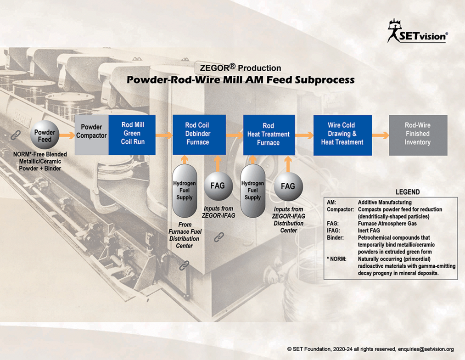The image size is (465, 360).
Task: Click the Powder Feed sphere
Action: click(x=45, y=135)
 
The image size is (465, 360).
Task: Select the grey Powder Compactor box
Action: click(x=92, y=135)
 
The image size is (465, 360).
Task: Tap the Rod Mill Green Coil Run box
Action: click(x=132, y=135)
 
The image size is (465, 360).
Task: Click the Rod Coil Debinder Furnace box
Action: click(x=199, y=135)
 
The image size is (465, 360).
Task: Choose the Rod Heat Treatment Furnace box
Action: click(x=269, y=135)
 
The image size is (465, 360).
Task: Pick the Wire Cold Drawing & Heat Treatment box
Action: click(x=342, y=135)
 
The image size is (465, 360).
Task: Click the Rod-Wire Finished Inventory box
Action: click(x=418, y=135)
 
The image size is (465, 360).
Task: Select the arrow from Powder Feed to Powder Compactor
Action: click(x=67, y=135)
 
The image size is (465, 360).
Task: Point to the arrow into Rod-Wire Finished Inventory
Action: click(x=381, y=135)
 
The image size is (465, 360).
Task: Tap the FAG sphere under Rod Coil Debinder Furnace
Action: click(x=218, y=186)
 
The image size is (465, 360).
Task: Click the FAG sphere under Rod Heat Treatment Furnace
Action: click(x=288, y=186)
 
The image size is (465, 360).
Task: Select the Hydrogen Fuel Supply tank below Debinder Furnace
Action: click(x=185, y=191)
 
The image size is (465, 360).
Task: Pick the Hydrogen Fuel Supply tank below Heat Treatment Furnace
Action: click(x=252, y=191)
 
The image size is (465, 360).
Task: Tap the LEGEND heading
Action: click(x=408, y=192)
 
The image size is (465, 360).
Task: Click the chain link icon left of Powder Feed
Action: click(x=16, y=135)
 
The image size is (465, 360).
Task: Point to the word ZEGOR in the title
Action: click(x=214, y=68)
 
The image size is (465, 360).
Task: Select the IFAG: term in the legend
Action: click(x=333, y=231)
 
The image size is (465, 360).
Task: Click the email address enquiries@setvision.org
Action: click(x=426, y=349)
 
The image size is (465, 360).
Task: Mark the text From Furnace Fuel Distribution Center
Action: click(x=185, y=235)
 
